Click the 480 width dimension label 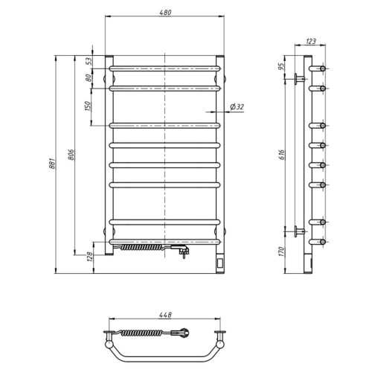[x=165, y=12]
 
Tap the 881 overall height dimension [x=52, y=164]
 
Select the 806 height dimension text [x=71, y=155]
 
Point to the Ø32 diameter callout [x=237, y=107]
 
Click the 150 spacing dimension [x=88, y=106]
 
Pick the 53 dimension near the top [x=89, y=61]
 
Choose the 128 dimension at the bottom [x=90, y=257]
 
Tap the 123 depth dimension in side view [x=311, y=41]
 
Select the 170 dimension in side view [x=280, y=251]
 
